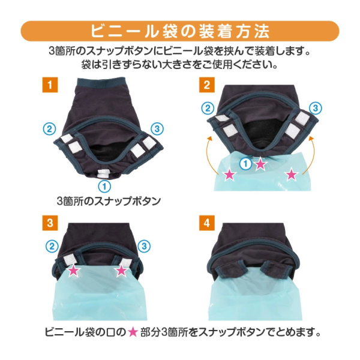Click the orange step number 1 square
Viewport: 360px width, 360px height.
(x=50, y=85)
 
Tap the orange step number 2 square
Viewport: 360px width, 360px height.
(x=207, y=85)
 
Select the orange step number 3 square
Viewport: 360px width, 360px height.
(x=50, y=223)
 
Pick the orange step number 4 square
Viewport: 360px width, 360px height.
(x=207, y=223)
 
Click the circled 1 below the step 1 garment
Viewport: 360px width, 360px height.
(x=104, y=186)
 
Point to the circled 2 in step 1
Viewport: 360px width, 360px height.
(x=50, y=129)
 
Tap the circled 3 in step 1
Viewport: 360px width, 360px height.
(x=157, y=129)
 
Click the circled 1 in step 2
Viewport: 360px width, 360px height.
(x=245, y=164)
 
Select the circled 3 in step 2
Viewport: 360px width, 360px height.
(x=315, y=108)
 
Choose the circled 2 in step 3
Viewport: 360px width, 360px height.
(x=52, y=246)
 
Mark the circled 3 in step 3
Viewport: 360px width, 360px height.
(x=144, y=246)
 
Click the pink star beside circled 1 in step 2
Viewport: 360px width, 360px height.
(x=260, y=164)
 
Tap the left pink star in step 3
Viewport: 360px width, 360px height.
(x=73, y=271)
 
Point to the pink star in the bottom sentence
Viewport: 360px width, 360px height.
(x=133, y=332)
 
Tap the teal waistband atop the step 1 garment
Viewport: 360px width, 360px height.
(x=100, y=82)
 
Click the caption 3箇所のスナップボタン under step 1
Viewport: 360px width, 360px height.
(x=109, y=202)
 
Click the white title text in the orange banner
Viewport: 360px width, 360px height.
(x=180, y=31)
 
